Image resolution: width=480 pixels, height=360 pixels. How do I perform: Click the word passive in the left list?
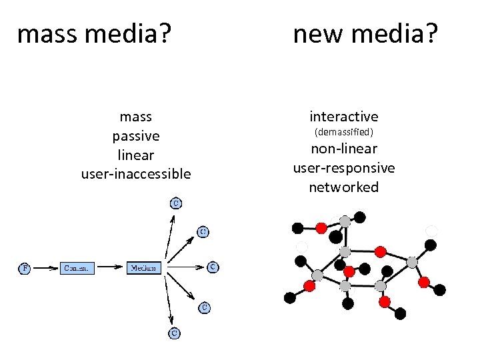(x=135, y=136)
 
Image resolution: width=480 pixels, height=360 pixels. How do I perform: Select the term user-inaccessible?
(x=135, y=174)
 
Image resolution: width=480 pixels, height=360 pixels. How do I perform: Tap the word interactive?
(x=343, y=117)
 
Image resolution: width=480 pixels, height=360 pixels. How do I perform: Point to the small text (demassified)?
(x=343, y=132)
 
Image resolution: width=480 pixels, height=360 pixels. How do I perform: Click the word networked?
(x=343, y=187)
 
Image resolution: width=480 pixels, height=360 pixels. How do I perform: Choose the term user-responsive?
(x=343, y=168)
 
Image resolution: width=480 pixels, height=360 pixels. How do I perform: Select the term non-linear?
(x=343, y=149)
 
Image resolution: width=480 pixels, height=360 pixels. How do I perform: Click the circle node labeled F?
(x=23, y=268)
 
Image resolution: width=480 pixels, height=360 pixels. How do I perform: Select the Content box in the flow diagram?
(x=77, y=268)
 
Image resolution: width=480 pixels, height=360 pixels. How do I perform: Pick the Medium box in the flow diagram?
(x=144, y=268)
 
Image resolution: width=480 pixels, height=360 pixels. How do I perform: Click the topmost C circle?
(x=175, y=203)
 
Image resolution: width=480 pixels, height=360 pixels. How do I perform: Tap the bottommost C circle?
(x=173, y=331)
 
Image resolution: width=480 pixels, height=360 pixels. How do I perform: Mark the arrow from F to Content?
(x=45, y=268)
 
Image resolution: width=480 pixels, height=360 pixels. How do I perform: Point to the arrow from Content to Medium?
(x=111, y=268)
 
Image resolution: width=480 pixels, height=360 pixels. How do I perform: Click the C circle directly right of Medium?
(x=212, y=267)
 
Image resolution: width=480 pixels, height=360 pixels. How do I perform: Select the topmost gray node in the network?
(x=345, y=221)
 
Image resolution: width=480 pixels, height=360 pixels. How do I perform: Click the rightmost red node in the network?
(x=424, y=282)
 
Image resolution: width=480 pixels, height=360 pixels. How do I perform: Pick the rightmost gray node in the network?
(x=413, y=262)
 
